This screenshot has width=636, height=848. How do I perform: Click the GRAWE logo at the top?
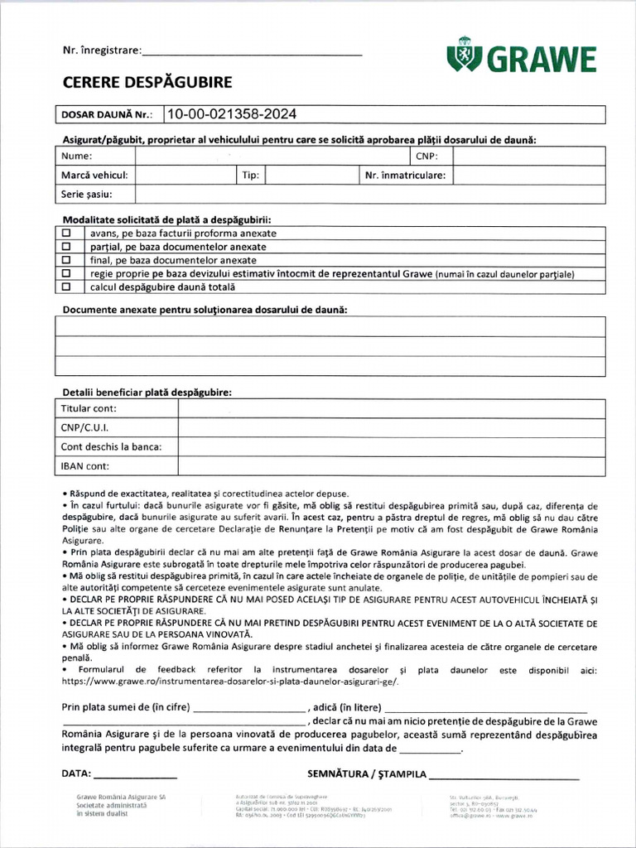[x=521, y=59]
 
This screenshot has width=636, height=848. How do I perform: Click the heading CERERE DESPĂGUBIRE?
[x=147, y=82]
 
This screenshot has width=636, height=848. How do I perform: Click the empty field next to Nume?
[x=269, y=156]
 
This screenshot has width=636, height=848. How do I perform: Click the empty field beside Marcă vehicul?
[x=185, y=176]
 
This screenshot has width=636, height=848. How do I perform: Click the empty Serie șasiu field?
[x=369, y=195]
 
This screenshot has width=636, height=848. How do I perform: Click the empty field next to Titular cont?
[x=391, y=409]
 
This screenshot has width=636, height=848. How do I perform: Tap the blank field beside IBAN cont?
[x=391, y=466]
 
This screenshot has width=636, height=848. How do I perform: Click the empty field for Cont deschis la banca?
[x=391, y=447]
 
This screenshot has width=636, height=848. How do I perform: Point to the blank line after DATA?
[x=135, y=776]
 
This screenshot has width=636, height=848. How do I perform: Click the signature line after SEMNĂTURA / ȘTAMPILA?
[x=504, y=776]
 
